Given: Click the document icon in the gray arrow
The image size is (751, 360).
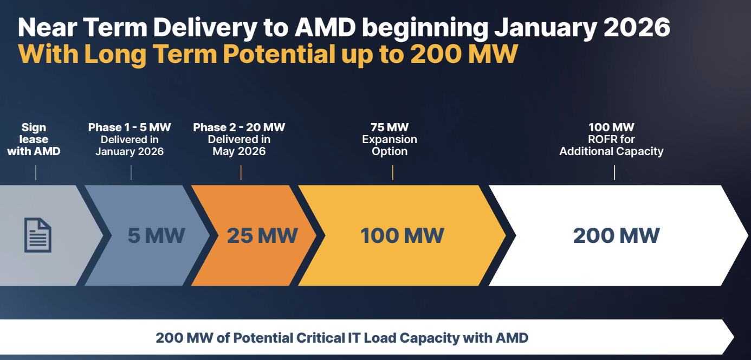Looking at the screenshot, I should pyautogui.click(x=38, y=235).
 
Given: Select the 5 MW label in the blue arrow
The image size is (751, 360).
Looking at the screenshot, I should pyautogui.click(x=157, y=236).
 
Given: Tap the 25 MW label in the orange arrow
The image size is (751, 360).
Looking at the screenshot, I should pyautogui.click(x=262, y=236).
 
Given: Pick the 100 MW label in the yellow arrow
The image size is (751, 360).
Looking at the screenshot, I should pyautogui.click(x=402, y=236).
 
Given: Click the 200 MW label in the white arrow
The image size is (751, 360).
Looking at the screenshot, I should pyautogui.click(x=617, y=236).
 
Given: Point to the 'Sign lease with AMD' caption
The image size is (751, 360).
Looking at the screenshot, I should pyautogui.click(x=34, y=139).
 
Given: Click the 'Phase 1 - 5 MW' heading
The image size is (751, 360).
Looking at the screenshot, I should pyautogui.click(x=130, y=127).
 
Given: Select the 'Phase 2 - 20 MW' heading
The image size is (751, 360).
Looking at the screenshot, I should pyautogui.click(x=239, y=127).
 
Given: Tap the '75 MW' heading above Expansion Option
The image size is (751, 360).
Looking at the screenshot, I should pyautogui.click(x=390, y=127).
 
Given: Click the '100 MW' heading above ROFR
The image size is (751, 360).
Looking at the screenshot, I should pyautogui.click(x=611, y=127).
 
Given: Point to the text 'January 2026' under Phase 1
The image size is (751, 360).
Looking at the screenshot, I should pyautogui.click(x=130, y=151).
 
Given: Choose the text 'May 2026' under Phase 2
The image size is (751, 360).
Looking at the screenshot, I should pyautogui.click(x=239, y=151).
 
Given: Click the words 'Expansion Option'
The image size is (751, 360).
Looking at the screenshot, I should pyautogui.click(x=390, y=145).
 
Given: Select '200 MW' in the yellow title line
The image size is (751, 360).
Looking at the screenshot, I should pyautogui.click(x=464, y=54).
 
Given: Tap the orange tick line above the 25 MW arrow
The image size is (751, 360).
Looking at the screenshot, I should pyautogui.click(x=241, y=172).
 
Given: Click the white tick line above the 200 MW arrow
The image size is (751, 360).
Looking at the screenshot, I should pyautogui.click(x=614, y=172).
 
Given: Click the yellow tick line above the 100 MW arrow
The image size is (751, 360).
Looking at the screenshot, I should pyautogui.click(x=392, y=172).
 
